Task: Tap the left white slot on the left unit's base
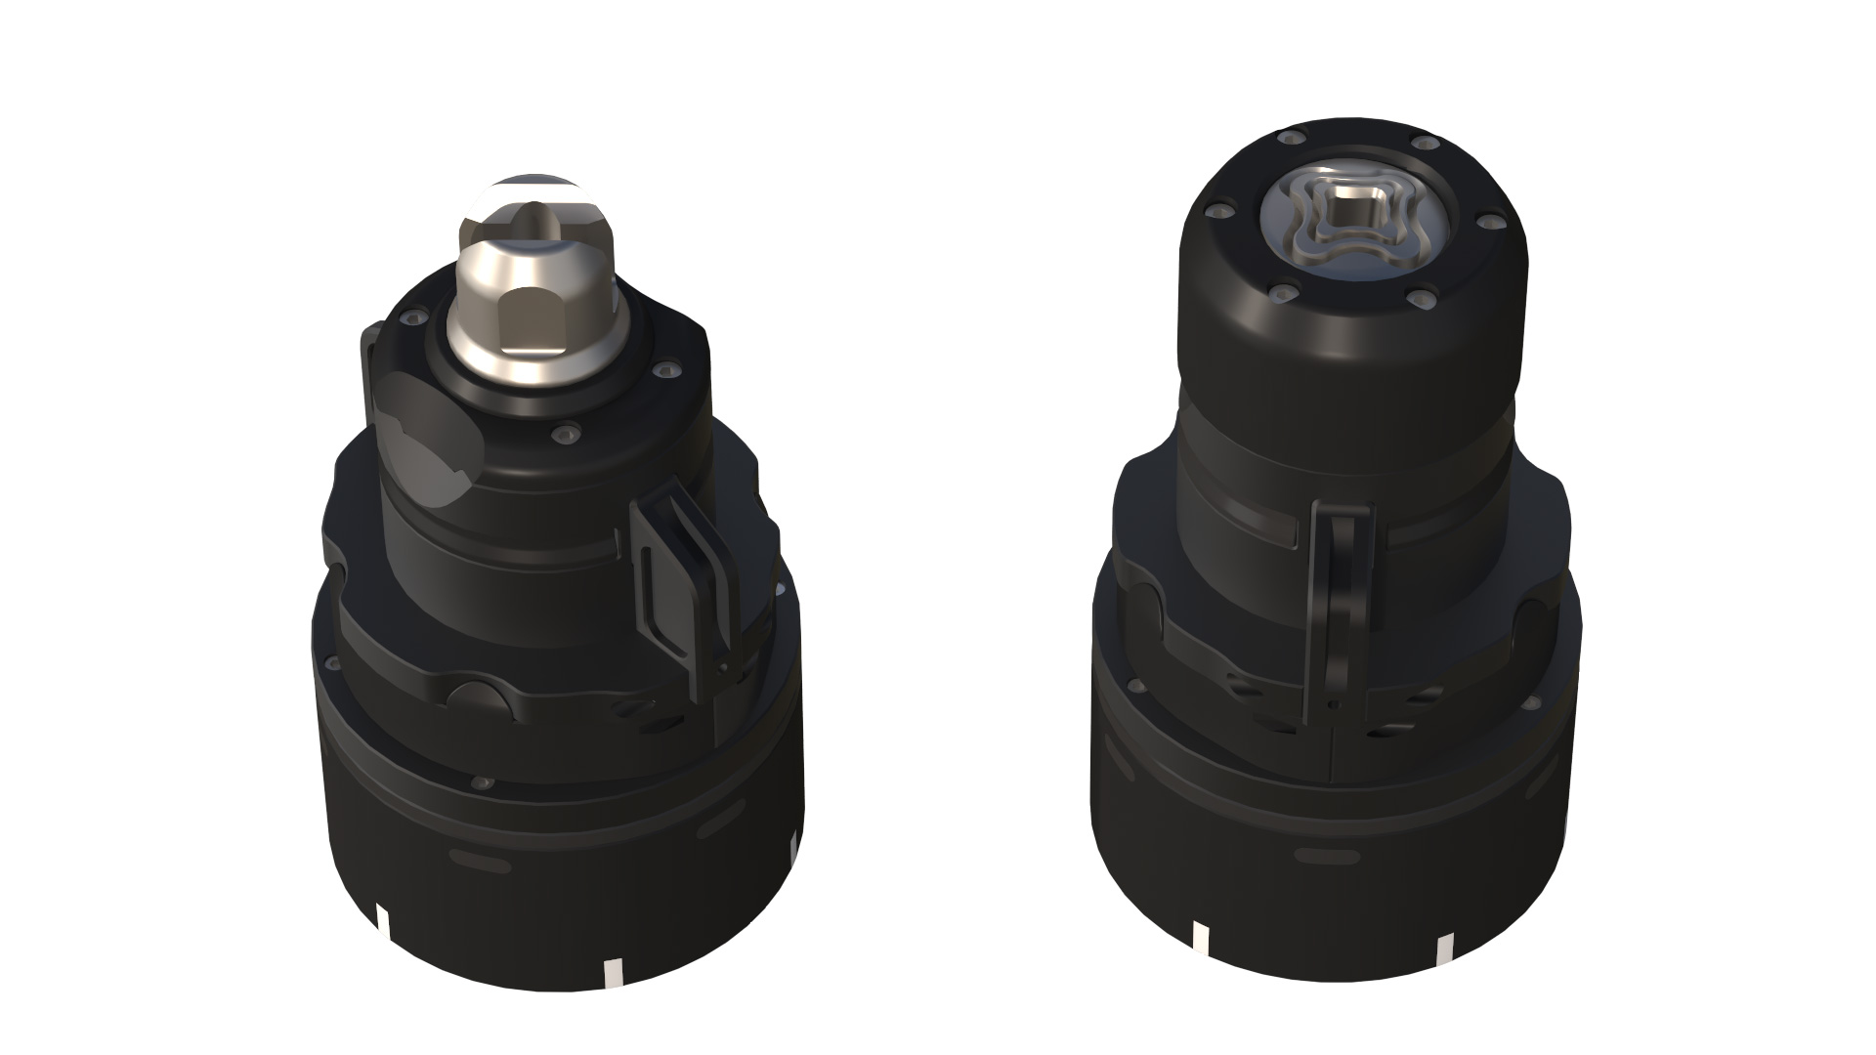click(x=382, y=923)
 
